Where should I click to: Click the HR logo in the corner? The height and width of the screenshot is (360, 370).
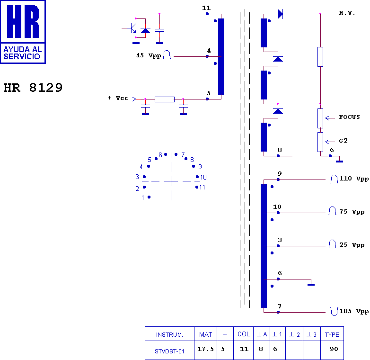[23, 32]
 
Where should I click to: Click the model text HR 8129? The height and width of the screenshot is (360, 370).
[33, 88]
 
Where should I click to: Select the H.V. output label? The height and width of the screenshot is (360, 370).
[347, 13]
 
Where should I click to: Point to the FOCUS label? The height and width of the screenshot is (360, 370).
[349, 117]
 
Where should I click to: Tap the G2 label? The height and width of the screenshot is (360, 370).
[344, 141]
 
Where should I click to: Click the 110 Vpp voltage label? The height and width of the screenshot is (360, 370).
[353, 179]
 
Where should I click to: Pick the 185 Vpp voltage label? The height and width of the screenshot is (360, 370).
[353, 311]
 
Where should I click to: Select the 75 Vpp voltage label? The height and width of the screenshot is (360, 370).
[352, 212]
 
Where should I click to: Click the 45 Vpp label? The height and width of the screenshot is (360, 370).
[149, 55]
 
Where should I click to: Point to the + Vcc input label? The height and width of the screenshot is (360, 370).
[118, 98]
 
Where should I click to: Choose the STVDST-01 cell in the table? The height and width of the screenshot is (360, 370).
[169, 351]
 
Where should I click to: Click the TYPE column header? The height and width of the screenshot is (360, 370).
[332, 334]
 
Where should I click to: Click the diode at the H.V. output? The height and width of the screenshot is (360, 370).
[280, 14]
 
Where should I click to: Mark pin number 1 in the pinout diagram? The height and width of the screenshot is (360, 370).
[143, 198]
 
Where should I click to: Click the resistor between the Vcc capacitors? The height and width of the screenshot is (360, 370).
[164, 99]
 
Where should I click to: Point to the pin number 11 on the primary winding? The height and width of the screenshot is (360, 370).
[206, 9]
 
